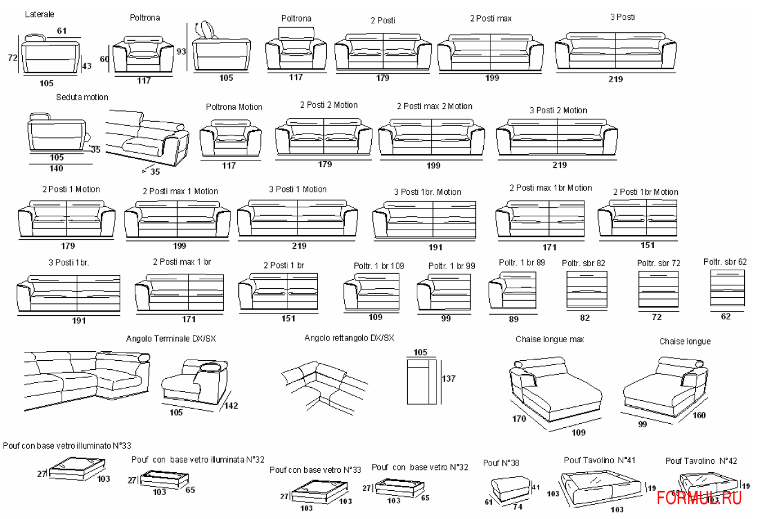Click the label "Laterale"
point(40,14)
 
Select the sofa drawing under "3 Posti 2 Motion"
point(557,138)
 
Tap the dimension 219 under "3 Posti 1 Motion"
point(299,246)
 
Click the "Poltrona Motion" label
point(234,107)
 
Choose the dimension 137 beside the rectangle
point(448,379)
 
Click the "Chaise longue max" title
point(550,339)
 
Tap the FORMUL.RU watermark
point(699,497)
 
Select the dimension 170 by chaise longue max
point(519,418)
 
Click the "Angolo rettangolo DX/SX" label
point(349,338)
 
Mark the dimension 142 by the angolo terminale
point(231,406)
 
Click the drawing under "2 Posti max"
point(490,53)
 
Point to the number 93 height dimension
point(181,52)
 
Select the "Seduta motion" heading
point(82,97)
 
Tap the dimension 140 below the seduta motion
point(56,168)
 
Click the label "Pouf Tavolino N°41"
point(599,460)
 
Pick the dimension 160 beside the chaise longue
point(698,415)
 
